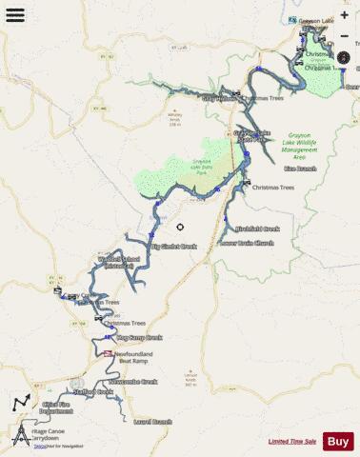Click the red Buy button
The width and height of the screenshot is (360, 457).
pyautogui.click(x=338, y=441)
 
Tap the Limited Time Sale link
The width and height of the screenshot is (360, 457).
pyautogui.click(x=291, y=442)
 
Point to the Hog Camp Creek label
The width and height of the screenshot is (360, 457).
pyautogui.click(x=139, y=337)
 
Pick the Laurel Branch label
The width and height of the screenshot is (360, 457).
pyautogui.click(x=152, y=421)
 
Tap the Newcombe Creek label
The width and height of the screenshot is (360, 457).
pyautogui.click(x=132, y=382)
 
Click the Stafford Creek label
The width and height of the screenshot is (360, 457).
pyautogui.click(x=92, y=391)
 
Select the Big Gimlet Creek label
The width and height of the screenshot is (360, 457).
pyautogui.click(x=173, y=247)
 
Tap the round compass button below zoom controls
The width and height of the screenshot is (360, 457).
pyautogui.click(x=344, y=57)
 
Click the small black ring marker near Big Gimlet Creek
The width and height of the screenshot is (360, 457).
pyautogui.click(x=181, y=227)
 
